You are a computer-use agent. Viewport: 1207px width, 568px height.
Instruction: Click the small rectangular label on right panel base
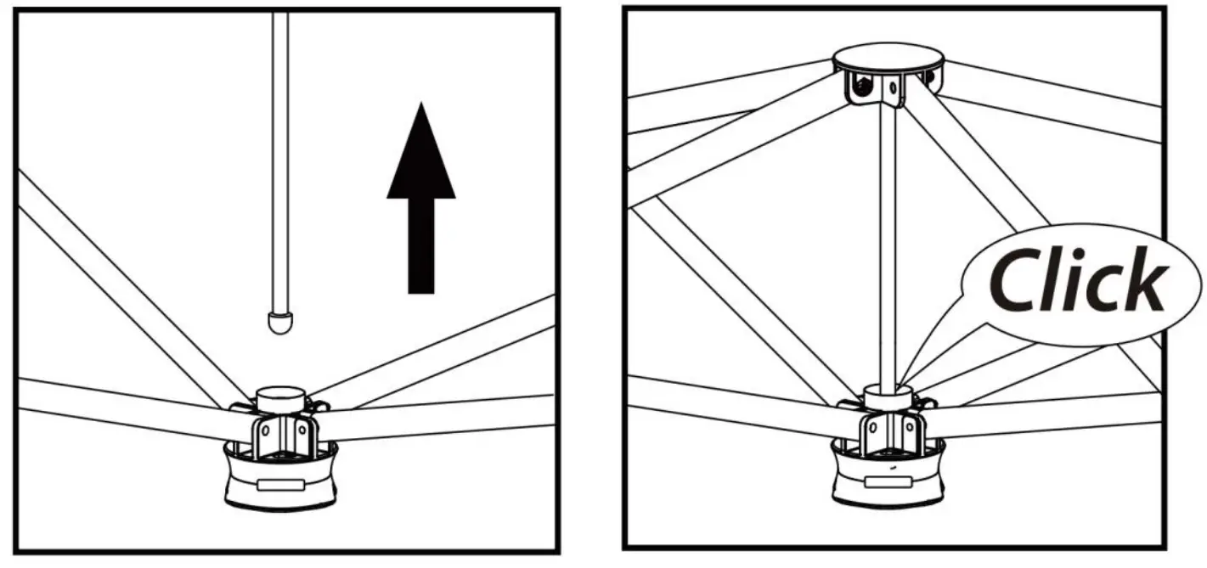888,481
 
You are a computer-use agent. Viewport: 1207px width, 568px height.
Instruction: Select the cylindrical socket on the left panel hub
281,398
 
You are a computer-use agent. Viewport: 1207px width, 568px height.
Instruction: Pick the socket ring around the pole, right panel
888,396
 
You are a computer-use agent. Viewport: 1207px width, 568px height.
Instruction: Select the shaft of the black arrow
421,246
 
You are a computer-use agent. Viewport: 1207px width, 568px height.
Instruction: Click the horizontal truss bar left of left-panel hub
119,404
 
